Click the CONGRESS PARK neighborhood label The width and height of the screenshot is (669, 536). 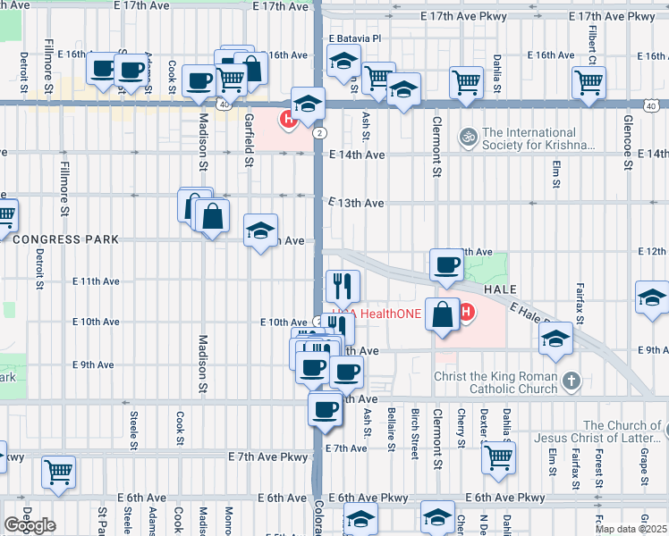click(x=65, y=239)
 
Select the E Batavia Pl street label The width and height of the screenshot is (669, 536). click(x=354, y=39)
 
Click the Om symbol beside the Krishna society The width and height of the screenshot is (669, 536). click(x=467, y=138)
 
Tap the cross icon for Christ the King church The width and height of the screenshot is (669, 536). click(x=572, y=381)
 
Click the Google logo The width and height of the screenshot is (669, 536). click(x=30, y=525)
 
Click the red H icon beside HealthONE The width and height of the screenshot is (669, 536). click(x=465, y=312)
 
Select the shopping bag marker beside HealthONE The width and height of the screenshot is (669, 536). click(x=443, y=315)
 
